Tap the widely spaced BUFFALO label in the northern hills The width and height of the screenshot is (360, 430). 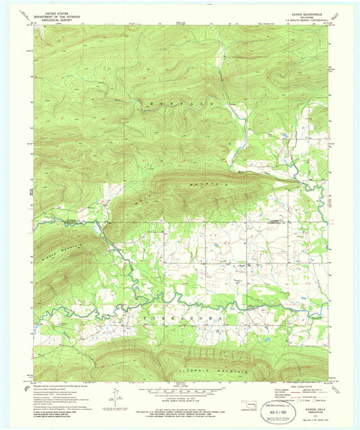181,104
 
